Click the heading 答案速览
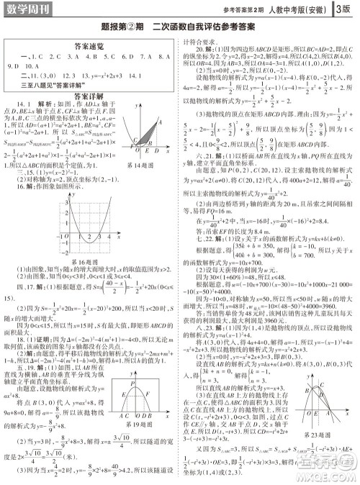(x=91, y=43)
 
